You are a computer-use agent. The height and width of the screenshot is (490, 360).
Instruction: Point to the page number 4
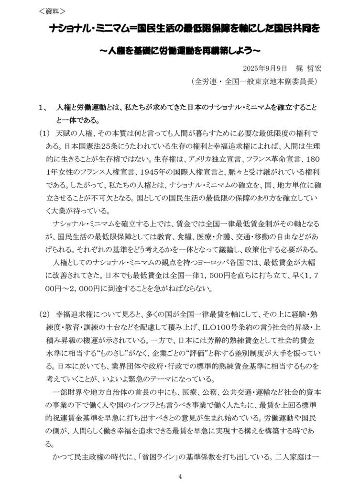point(180,476)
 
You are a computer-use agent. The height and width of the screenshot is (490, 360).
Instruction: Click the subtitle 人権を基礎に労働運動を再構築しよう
point(180,50)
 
